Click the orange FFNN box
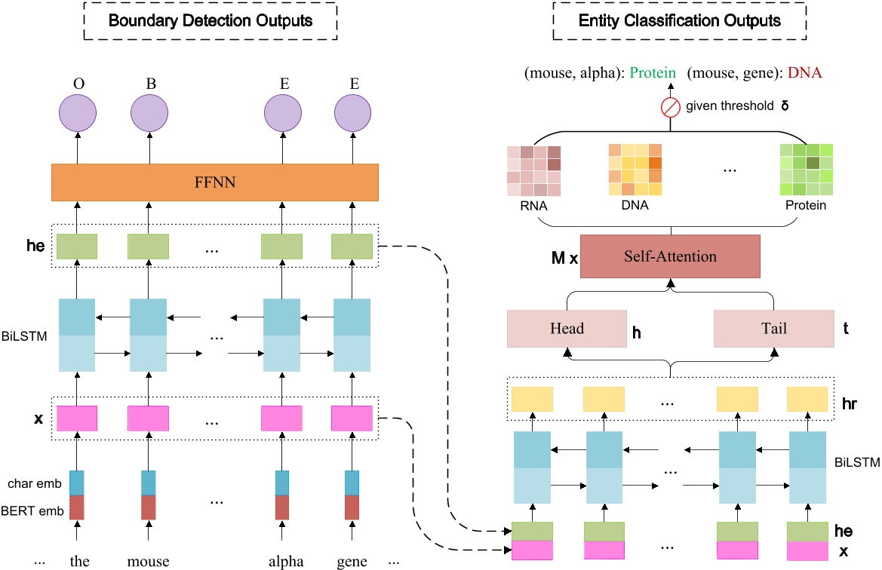point(214,182)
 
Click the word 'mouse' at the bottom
point(149,560)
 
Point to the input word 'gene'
point(353,560)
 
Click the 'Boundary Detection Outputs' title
point(211,20)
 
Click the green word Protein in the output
point(654,73)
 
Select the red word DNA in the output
point(804,73)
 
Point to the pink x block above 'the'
point(78,417)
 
